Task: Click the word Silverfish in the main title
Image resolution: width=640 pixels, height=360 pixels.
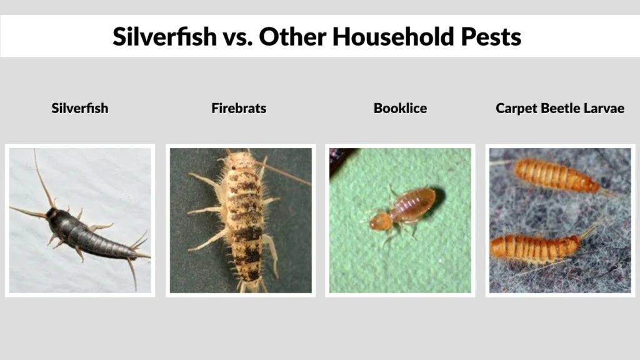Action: coord(161,37)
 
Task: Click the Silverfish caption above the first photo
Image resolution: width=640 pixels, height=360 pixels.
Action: coord(79,108)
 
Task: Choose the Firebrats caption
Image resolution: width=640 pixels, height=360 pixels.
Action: coord(239,108)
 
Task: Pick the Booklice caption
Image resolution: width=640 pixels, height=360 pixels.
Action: coord(400,108)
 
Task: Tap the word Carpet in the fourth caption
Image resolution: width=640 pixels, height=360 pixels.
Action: coord(516,108)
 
